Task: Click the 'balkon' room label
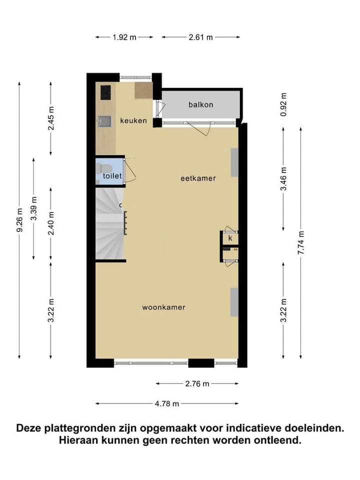[200, 104]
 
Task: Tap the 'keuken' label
[133, 120]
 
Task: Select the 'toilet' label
[112, 176]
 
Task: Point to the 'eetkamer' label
[198, 177]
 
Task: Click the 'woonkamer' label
[163, 307]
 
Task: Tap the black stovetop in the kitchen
[105, 92]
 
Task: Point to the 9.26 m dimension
[19, 220]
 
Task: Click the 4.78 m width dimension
[167, 404]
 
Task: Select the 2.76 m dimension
[197, 383]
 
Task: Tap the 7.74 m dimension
[300, 243]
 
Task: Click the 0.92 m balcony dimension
[283, 105]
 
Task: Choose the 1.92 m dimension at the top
[124, 37]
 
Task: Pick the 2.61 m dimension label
[201, 37]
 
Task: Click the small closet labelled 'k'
[230, 238]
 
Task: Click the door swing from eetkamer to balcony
[202, 129]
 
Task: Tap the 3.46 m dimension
[283, 178]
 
